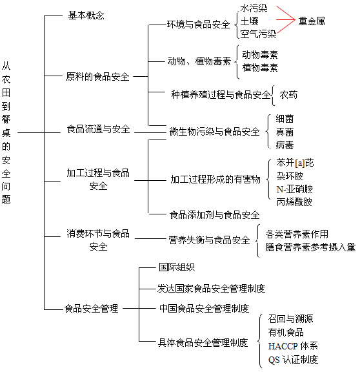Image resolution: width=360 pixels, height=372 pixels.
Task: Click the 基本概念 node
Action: point(86,15)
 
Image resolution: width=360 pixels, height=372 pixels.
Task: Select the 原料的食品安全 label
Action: point(97,77)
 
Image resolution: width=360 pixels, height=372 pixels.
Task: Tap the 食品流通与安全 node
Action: point(98,129)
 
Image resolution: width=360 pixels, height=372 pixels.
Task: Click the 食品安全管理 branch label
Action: point(91,309)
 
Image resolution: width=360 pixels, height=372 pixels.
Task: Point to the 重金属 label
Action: point(312,21)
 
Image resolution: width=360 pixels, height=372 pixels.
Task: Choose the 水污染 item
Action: point(254,8)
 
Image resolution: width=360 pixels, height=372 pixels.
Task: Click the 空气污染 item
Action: point(258,34)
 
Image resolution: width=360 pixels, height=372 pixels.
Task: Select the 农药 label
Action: point(288,95)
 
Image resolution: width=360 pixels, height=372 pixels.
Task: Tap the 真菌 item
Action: point(285,132)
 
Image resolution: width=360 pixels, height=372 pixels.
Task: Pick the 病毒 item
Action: point(285,145)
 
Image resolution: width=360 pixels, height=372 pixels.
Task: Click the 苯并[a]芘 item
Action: point(295,163)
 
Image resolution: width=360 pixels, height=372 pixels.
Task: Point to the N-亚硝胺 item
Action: point(295,189)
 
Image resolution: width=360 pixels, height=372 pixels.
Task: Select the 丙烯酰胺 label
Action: point(294,202)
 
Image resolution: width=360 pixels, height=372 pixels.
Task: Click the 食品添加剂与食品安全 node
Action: point(214,215)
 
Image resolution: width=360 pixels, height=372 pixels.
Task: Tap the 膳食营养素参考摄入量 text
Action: point(310,247)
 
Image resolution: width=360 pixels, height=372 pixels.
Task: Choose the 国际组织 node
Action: point(177,267)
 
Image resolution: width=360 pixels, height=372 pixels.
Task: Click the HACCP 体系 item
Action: point(293,346)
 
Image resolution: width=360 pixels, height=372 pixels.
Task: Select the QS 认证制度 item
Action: point(293,360)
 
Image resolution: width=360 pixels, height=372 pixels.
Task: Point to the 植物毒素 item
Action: point(260,68)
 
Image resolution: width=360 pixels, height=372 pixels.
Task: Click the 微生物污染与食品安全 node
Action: point(214,132)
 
